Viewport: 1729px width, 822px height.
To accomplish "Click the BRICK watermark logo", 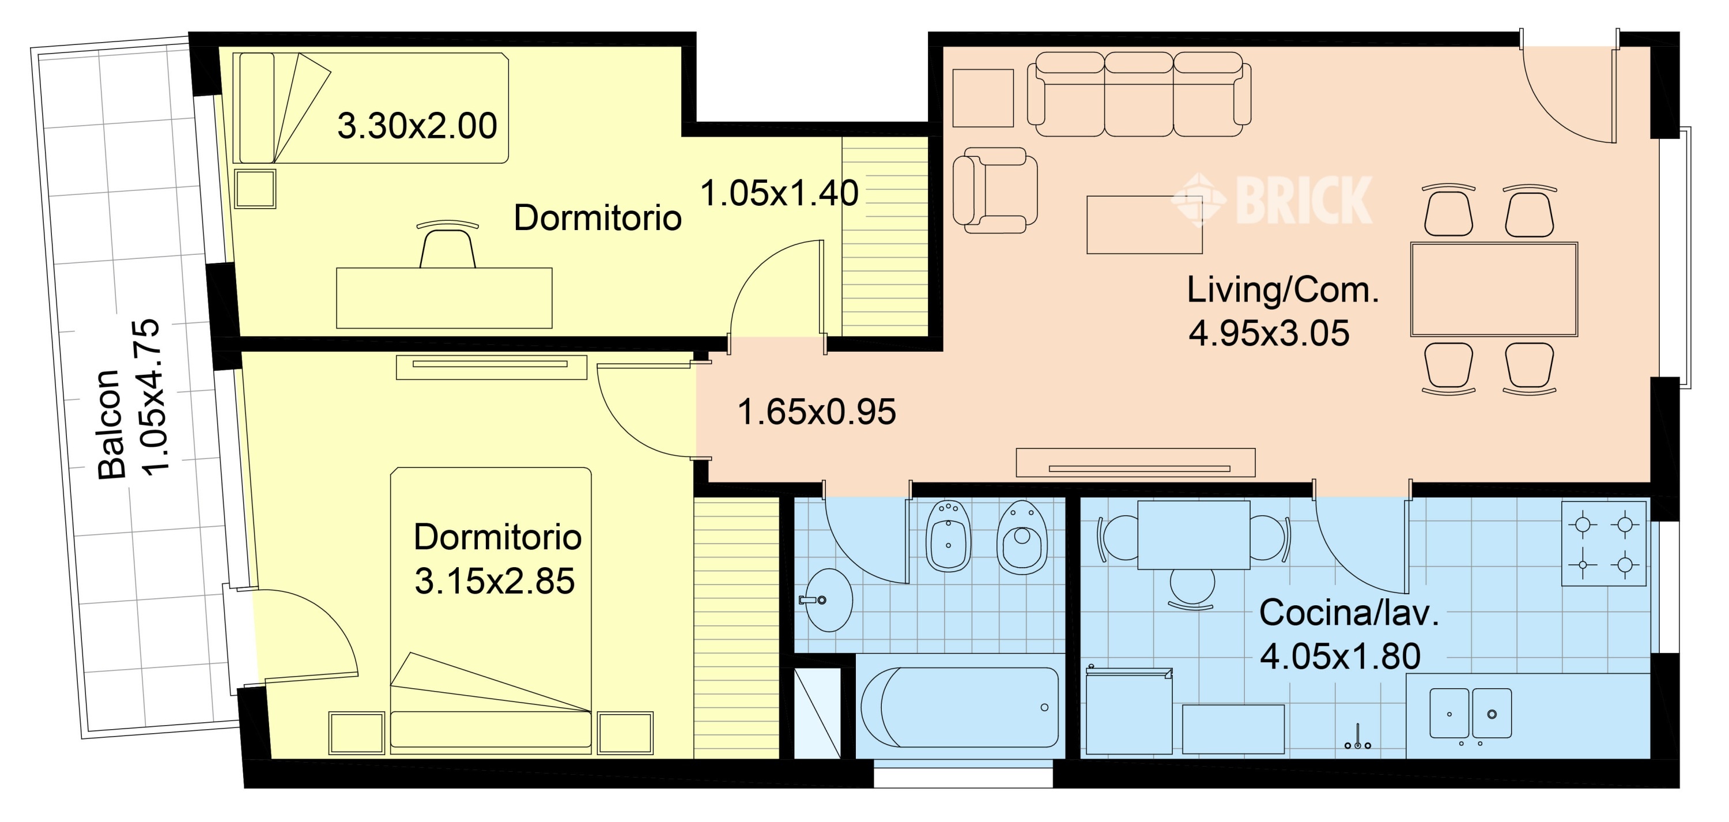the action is tap(1272, 199).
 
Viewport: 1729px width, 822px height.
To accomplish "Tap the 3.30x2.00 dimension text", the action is tap(417, 126).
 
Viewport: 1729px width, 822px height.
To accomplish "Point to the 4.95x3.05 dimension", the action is tap(1269, 334).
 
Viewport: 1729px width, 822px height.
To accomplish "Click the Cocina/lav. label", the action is tap(1349, 613).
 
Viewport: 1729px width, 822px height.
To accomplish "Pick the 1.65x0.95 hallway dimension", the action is tap(816, 412).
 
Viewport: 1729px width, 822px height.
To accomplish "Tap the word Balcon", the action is tap(111, 424).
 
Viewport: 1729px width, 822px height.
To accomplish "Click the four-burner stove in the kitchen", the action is tap(1603, 544).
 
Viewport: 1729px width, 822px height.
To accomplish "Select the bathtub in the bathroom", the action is tap(959, 708).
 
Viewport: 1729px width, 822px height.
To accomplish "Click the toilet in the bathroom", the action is tap(1022, 538).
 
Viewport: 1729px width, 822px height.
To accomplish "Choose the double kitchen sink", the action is tap(1471, 713).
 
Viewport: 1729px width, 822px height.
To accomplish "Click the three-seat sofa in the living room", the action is tap(1139, 94).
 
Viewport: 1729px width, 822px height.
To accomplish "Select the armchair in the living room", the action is tap(995, 191).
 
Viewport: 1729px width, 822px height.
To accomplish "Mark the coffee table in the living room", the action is tap(1145, 225).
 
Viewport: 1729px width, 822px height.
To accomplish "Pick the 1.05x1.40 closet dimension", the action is tap(779, 194).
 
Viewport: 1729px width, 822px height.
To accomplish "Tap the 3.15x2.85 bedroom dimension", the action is tap(494, 582).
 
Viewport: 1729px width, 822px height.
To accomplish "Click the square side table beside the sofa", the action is tap(983, 98).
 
